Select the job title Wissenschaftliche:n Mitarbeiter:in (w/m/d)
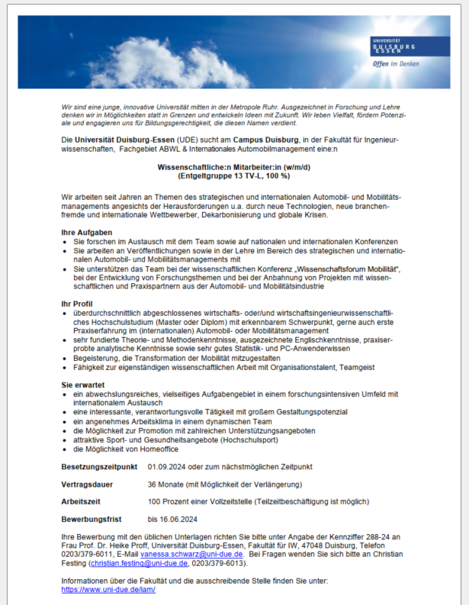pyautogui.click(x=233, y=166)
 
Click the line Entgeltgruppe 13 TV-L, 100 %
pyautogui.click(x=233, y=175)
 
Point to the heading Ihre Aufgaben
pyautogui.click(x=87, y=231)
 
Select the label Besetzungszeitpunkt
pyautogui.click(x=99, y=466)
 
